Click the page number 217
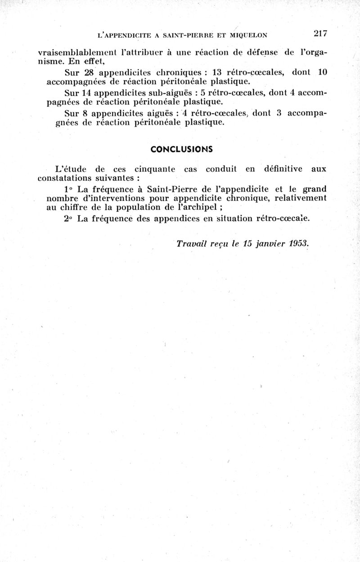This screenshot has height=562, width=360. pyautogui.click(x=320, y=34)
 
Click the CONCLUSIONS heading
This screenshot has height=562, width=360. pyautogui.click(x=182, y=149)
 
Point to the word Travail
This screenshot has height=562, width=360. pyautogui.click(x=191, y=244)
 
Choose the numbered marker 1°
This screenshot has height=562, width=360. pyautogui.click(x=69, y=189)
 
